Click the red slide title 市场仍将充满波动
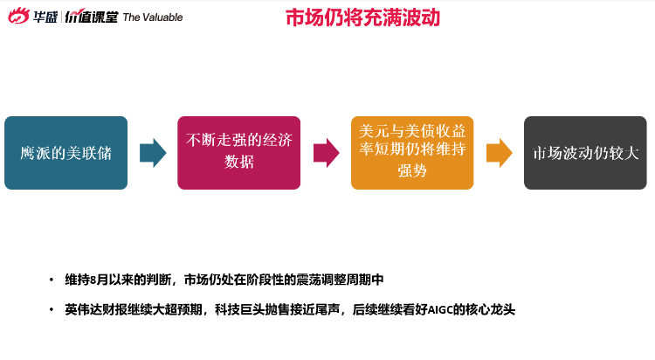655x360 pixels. [363, 18]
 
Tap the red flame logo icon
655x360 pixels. [19, 17]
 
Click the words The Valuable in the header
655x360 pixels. [153, 17]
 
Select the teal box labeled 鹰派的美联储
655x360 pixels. [66, 153]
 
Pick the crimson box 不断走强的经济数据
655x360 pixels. [239, 153]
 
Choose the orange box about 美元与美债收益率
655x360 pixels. [412, 153]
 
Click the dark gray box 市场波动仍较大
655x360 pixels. [585, 153]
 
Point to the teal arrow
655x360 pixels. [153, 153]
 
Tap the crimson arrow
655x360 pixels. [327, 153]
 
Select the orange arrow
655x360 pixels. [500, 153]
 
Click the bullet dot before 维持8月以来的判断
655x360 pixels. [52, 280]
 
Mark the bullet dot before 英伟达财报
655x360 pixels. [52, 310]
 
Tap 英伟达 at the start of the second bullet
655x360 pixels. [83, 310]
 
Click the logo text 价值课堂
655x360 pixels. [92, 17]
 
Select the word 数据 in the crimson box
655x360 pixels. [239, 162]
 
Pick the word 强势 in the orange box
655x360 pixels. [412, 170]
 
